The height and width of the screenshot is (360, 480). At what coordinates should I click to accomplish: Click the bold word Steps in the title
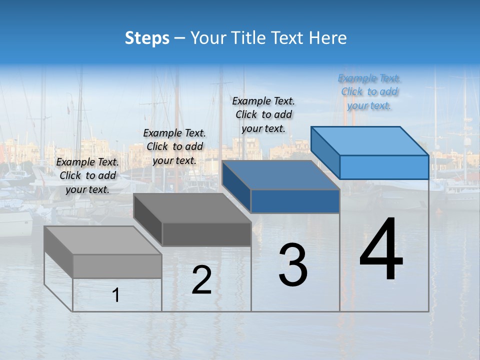[x=147, y=38]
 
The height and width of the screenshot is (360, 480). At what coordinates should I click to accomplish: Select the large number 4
[x=381, y=249]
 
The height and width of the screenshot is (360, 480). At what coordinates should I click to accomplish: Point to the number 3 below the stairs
[x=293, y=265]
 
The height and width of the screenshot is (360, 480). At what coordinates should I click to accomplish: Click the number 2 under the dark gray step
[x=201, y=280]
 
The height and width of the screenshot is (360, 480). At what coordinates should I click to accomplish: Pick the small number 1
[x=116, y=295]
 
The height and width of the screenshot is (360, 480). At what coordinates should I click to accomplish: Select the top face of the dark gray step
[x=192, y=208]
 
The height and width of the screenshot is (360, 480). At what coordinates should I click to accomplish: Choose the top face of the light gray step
[x=102, y=240]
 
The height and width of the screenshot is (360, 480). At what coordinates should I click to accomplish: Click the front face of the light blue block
[x=384, y=167]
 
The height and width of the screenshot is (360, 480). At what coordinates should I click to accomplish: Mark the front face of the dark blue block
[x=295, y=201]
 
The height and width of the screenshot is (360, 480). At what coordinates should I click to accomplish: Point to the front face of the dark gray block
[x=206, y=234]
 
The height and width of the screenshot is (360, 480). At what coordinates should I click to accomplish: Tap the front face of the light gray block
[x=117, y=266]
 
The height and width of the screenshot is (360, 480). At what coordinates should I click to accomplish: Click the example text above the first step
[x=87, y=175]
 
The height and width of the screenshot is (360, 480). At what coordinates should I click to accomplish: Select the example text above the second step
[x=174, y=146]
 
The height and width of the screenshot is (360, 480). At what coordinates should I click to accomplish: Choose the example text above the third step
[x=263, y=114]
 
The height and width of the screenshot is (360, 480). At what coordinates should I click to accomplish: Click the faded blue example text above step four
[x=369, y=91]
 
